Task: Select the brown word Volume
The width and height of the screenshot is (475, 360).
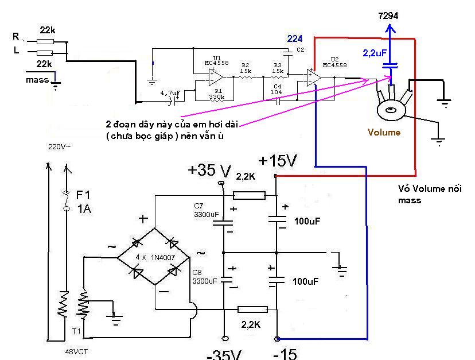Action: pos(384,132)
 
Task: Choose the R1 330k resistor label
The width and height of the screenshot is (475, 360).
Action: pos(217,94)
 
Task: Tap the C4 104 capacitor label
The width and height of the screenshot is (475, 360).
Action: pos(277,90)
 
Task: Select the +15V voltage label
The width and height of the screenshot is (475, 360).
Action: pos(278,161)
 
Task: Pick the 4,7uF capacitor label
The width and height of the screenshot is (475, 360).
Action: pos(170,92)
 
